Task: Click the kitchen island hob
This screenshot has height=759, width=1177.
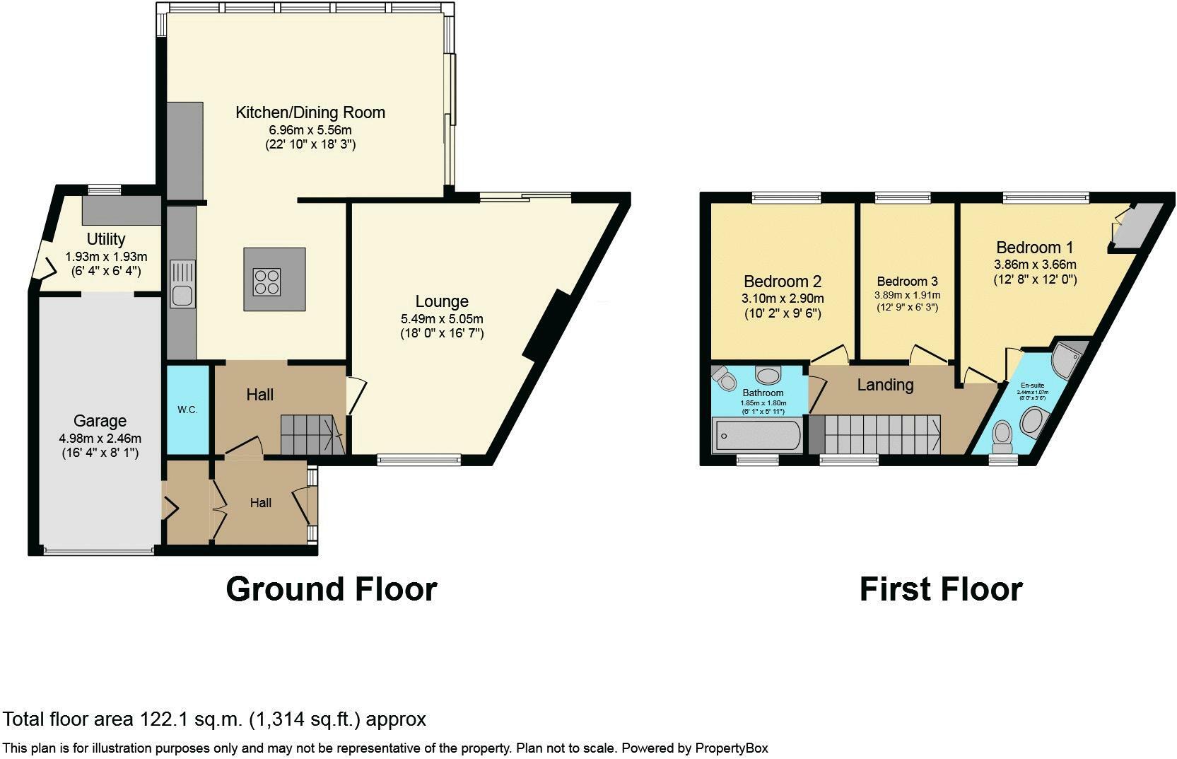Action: (x=274, y=279)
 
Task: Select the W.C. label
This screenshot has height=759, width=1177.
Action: (x=187, y=410)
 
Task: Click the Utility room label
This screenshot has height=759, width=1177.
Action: (x=106, y=239)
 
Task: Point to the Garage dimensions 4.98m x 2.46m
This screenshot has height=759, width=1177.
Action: (x=100, y=438)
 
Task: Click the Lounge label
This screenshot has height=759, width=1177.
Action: (x=442, y=301)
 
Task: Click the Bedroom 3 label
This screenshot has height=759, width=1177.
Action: (x=907, y=281)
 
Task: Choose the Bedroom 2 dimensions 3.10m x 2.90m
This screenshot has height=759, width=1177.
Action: (x=783, y=299)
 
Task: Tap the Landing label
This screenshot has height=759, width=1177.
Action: (x=885, y=385)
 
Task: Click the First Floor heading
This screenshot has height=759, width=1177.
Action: (x=940, y=589)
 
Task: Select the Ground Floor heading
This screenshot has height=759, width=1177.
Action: (x=331, y=589)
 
